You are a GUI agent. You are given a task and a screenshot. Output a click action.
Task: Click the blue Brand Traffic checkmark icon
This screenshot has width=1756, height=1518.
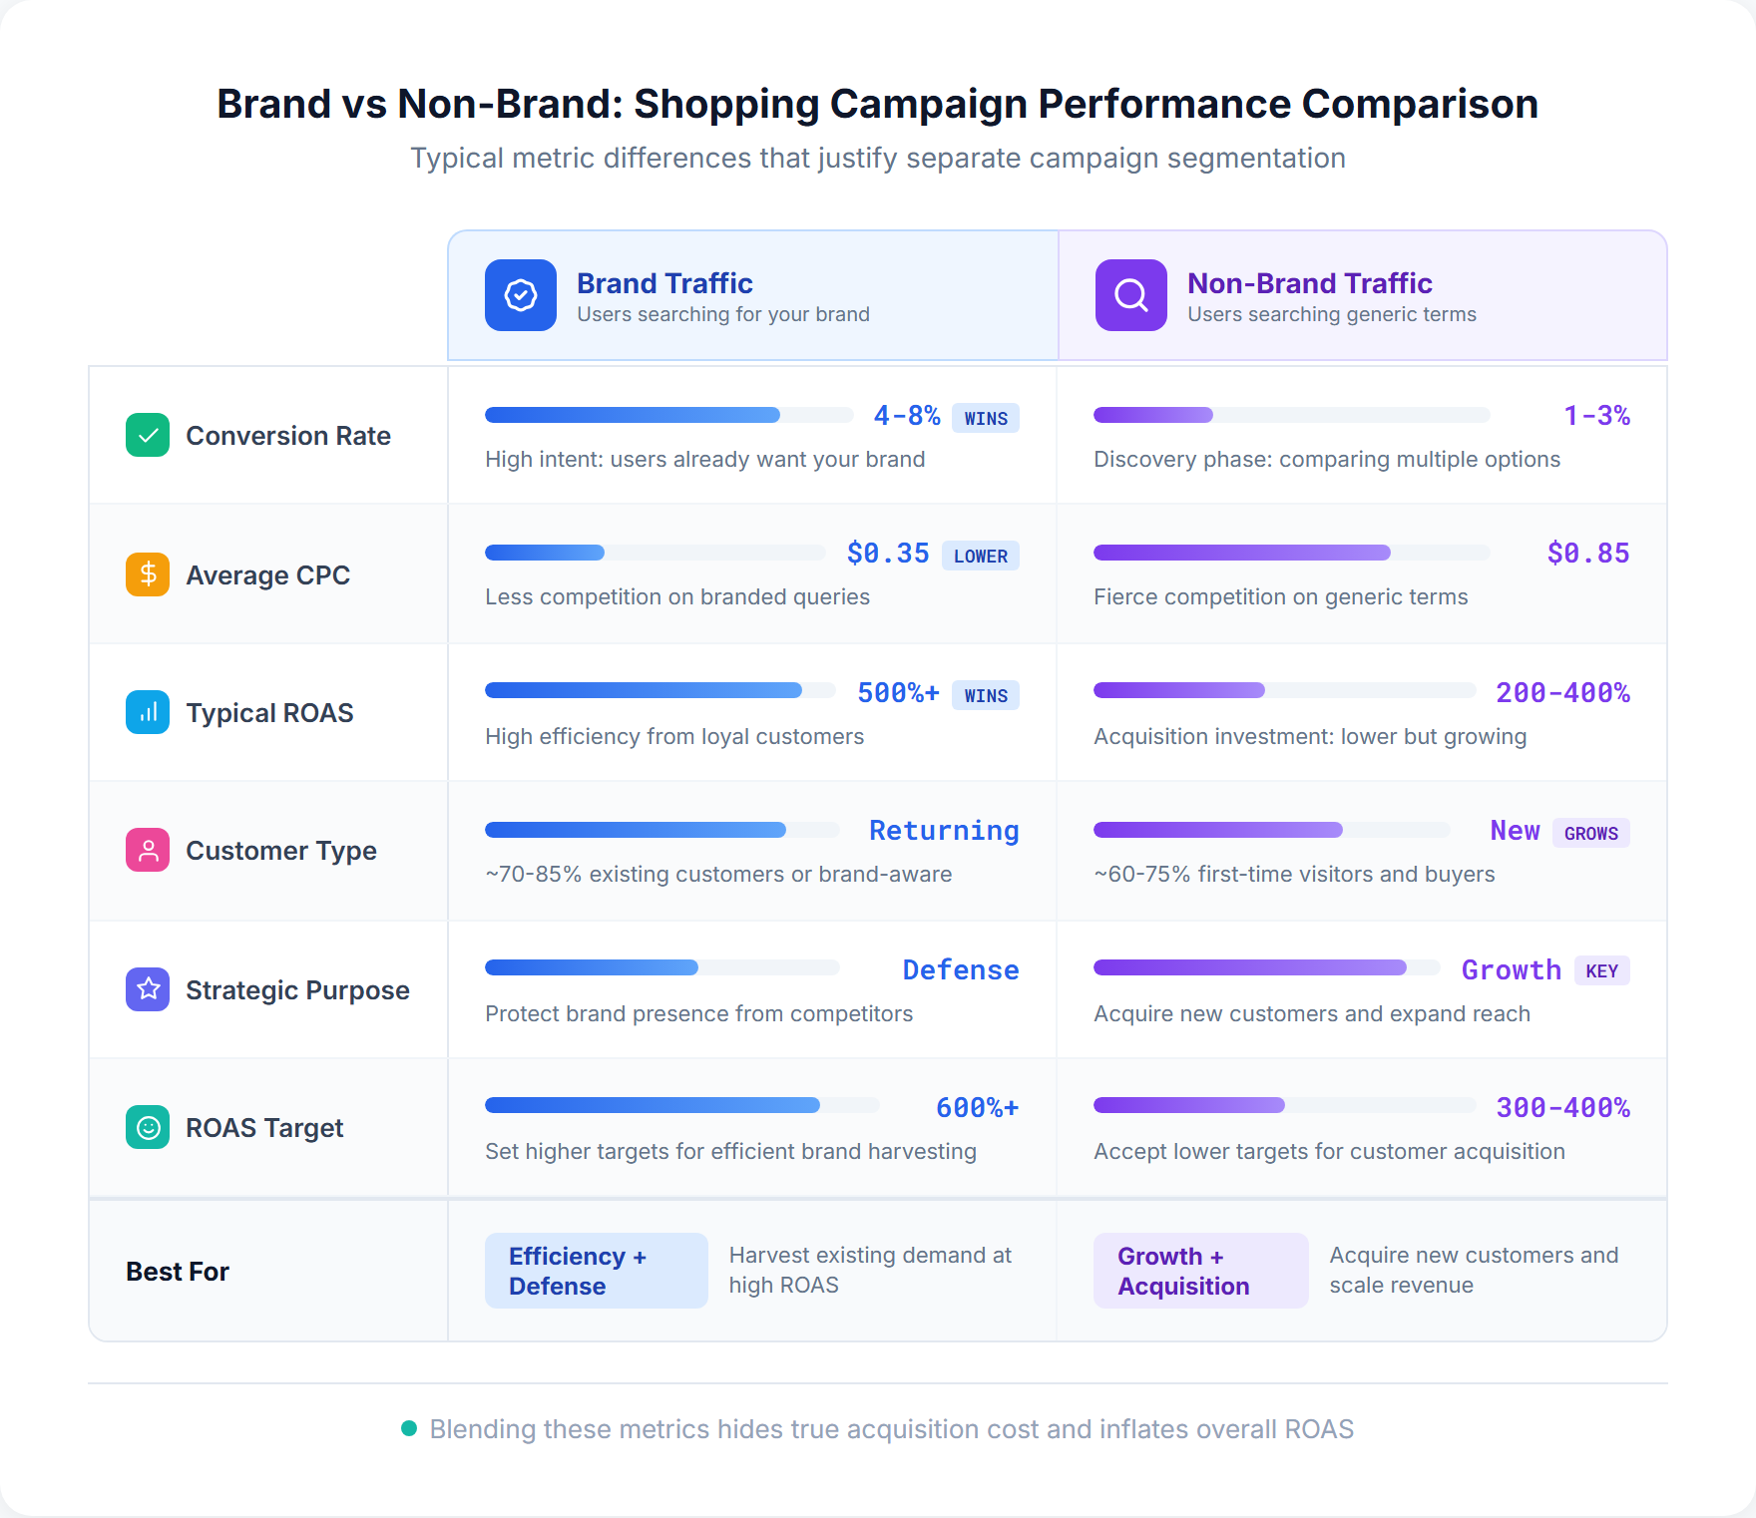[520, 295]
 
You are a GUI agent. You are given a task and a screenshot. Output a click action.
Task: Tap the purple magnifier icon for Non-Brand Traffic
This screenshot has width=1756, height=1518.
[1130, 295]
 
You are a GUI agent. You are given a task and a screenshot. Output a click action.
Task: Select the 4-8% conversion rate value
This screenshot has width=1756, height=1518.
[906, 416]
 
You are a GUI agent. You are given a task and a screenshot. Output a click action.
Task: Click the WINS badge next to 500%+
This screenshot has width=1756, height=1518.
[985, 695]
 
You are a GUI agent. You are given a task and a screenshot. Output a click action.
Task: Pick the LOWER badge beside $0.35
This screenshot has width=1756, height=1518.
[980, 556]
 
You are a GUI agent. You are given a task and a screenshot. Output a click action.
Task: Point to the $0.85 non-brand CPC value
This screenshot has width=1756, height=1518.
[1587, 554]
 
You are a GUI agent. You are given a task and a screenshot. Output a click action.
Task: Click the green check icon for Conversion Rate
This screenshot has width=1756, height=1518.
[148, 435]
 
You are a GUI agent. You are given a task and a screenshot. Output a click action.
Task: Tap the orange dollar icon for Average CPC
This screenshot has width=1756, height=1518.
[148, 574]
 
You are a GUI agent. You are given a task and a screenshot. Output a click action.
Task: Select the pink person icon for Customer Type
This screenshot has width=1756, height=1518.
[148, 850]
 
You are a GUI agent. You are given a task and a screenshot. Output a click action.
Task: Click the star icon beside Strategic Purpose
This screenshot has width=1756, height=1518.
[148, 989]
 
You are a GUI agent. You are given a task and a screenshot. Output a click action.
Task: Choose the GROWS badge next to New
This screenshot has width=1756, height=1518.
[1590, 833]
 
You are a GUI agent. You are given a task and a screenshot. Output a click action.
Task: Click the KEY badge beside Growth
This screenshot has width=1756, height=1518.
[1601, 970]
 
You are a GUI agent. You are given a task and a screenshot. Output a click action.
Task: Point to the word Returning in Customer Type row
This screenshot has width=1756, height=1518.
[943, 831]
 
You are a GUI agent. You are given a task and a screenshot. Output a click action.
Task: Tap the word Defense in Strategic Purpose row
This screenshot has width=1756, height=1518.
[960, 970]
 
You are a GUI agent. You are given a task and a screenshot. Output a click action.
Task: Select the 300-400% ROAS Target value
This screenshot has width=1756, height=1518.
[1562, 1108]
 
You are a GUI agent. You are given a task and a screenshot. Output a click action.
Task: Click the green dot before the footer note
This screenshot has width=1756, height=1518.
[408, 1428]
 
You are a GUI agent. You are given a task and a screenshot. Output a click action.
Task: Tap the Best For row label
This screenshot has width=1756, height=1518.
[178, 1272]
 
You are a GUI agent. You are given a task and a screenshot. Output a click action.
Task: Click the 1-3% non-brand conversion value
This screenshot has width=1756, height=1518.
[1595, 416]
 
